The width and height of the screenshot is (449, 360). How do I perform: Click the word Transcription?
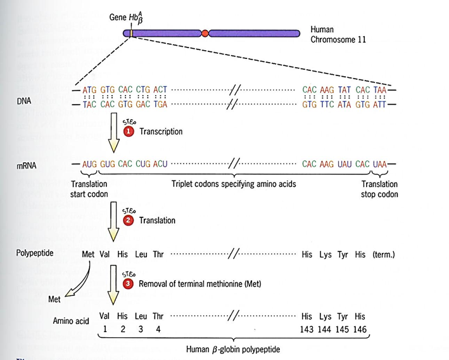161,132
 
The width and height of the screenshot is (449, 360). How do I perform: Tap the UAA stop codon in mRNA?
379,164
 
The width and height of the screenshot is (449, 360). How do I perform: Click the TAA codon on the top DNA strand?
380,91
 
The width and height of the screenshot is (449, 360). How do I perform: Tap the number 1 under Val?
105,329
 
